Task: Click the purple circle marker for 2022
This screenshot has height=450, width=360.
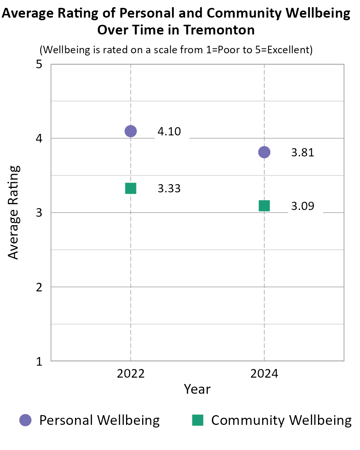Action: coord(130,131)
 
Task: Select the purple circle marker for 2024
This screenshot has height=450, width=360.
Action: coord(264,152)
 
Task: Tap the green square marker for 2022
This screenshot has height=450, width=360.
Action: coord(130,188)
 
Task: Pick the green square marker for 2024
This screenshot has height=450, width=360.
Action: coord(264,206)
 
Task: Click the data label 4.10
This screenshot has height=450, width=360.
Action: coord(169,132)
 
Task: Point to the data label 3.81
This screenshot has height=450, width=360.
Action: coord(303,153)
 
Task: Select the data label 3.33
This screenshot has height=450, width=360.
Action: coord(169,189)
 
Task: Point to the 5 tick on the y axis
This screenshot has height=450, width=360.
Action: coord(39,65)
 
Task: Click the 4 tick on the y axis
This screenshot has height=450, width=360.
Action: coord(39,139)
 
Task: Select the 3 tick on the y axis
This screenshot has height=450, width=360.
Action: coord(39,213)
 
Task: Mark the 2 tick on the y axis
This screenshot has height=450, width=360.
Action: coord(39,287)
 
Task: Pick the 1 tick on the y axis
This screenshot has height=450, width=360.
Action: coord(39,361)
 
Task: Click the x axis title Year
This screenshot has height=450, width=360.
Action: coord(197,389)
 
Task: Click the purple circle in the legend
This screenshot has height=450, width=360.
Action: coord(25,420)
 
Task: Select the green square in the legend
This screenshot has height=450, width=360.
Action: coord(198,420)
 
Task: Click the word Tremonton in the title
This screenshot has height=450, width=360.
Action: coord(219,30)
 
